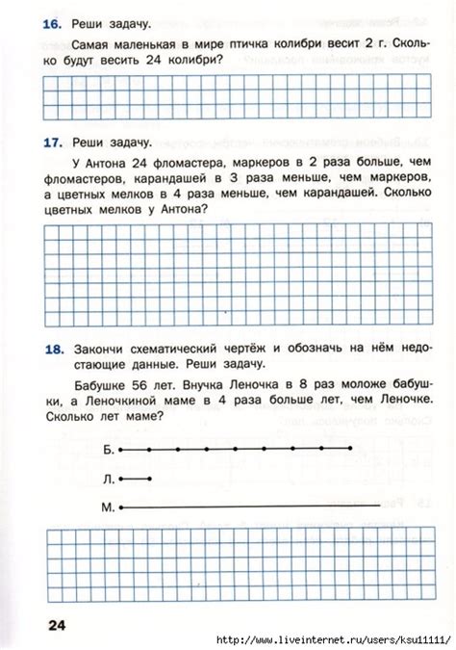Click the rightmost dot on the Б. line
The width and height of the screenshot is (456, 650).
(x=351, y=449)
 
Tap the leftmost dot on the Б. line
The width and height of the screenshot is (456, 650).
(x=120, y=449)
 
